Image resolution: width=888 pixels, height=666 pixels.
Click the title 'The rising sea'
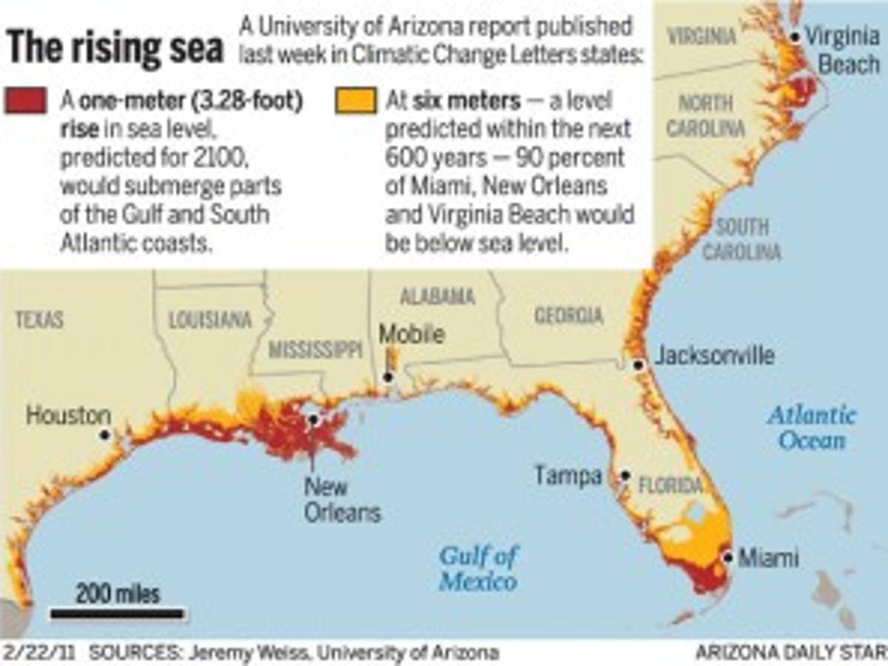tap(115, 48)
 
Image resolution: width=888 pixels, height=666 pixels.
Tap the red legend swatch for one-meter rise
tap(27, 101)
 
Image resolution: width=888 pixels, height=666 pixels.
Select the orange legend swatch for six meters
tap(354, 101)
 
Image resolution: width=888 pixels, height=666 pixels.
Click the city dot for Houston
tap(105, 435)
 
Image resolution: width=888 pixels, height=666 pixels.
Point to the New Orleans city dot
tap(313, 420)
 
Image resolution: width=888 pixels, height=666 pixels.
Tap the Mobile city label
tap(411, 334)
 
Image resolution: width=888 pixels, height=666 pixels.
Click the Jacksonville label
tap(715, 356)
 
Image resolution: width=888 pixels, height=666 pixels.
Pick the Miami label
tap(769, 557)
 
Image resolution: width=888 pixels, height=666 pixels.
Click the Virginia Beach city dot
tap(795, 37)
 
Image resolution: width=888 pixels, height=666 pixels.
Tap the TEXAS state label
tap(39, 320)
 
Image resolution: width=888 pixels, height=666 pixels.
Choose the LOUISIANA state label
tap(210, 320)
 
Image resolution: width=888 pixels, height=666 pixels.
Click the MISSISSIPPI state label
tap(315, 350)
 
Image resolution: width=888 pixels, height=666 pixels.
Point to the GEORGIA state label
tap(568, 316)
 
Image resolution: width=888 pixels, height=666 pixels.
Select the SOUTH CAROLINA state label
tap(741, 239)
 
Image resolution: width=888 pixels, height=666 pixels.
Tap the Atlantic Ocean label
tap(811, 427)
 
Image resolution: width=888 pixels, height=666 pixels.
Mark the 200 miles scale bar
tap(117, 613)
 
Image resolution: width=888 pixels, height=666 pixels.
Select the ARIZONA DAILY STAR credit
tap(790, 653)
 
